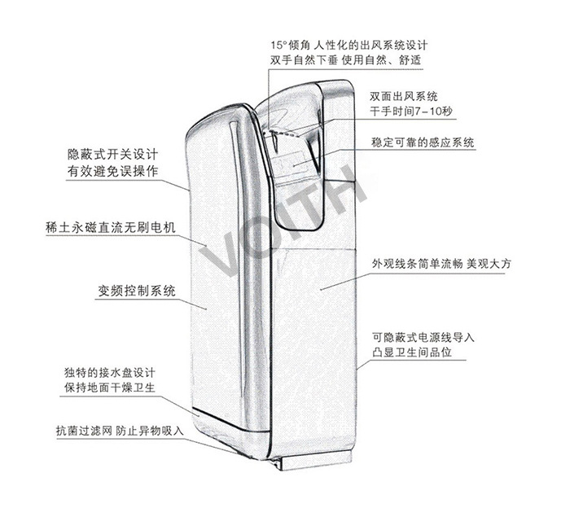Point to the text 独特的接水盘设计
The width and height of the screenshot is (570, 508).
coord(111,372)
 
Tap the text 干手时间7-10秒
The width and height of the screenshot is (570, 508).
coord(410,111)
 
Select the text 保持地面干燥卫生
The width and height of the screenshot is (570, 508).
coord(111,388)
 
